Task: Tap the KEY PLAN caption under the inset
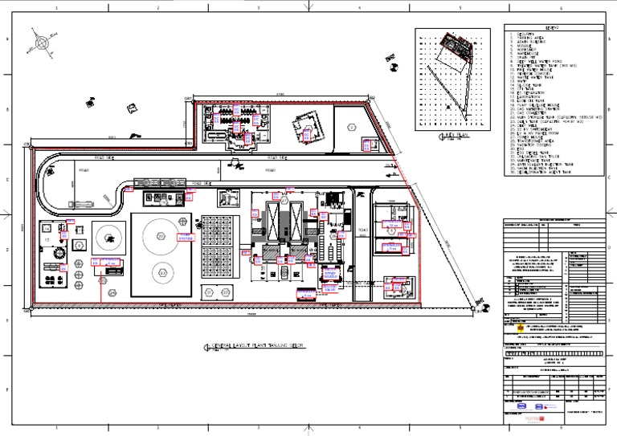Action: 445,137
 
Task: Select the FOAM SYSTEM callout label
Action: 186,238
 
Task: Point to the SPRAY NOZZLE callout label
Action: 329,275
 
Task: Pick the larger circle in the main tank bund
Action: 161,237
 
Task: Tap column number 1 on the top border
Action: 57,6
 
